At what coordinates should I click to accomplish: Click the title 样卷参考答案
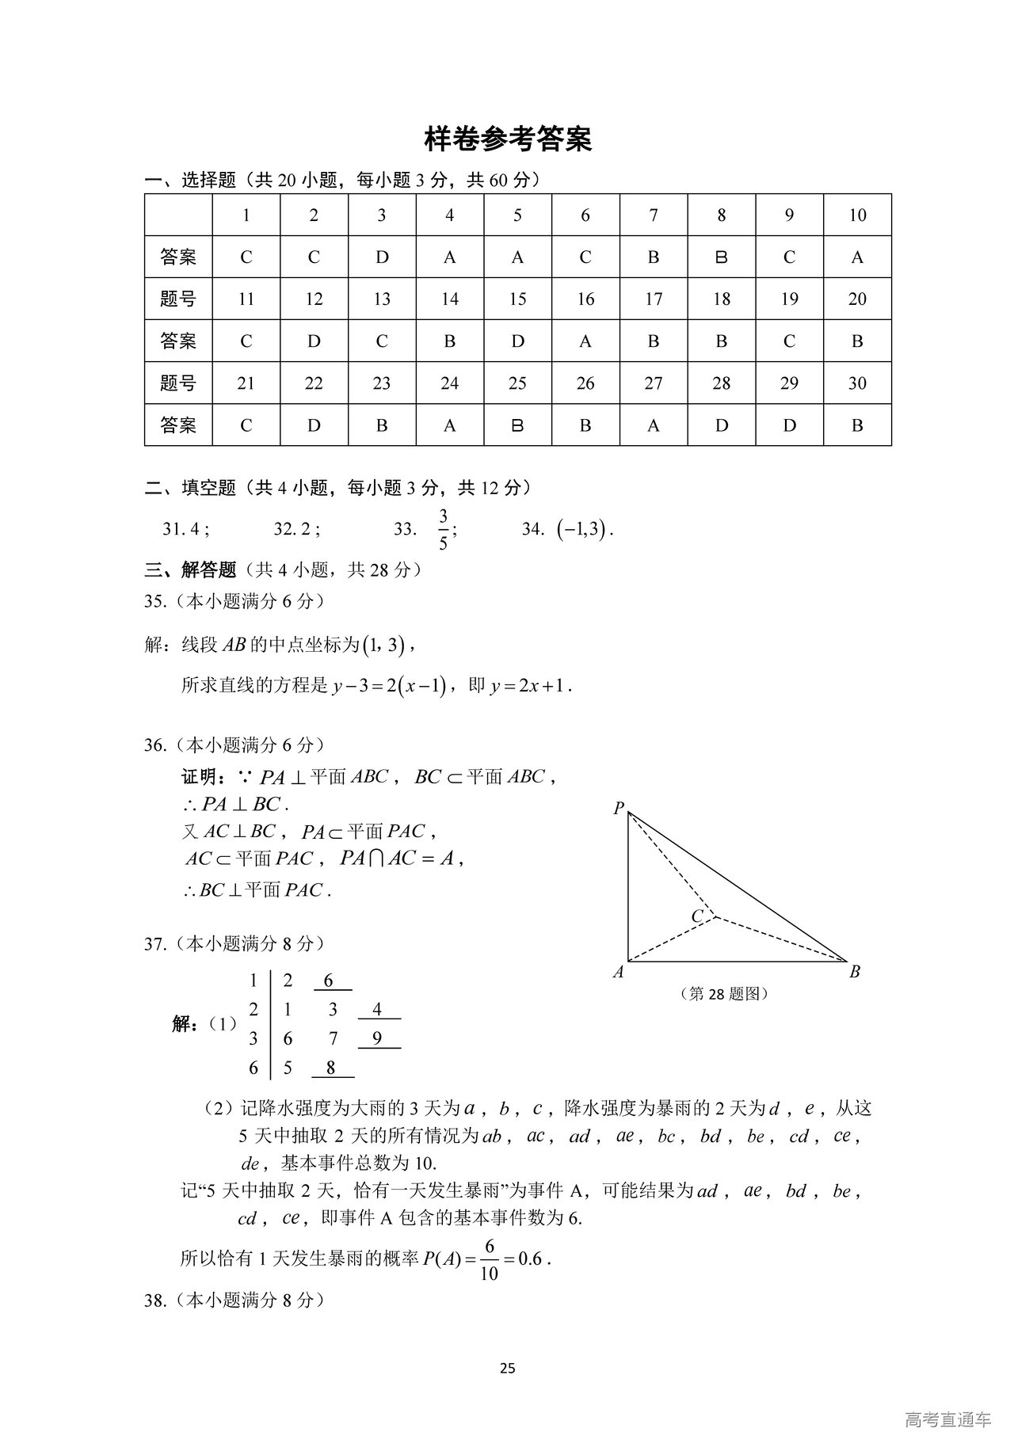point(508,139)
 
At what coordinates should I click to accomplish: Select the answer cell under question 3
point(382,257)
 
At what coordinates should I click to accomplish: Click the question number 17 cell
point(654,299)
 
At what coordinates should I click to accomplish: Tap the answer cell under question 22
point(314,425)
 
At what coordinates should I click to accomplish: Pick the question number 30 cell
point(857,383)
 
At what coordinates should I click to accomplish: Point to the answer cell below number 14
point(450,341)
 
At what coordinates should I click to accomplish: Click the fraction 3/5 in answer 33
point(443,529)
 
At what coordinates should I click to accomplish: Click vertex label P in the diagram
point(618,808)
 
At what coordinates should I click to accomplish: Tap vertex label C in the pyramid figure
point(697,916)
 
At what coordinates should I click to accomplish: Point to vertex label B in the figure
point(855,972)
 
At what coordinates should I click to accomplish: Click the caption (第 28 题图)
point(724,993)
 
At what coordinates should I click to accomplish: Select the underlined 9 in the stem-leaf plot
point(378,1038)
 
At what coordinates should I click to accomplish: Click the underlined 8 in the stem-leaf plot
point(331,1068)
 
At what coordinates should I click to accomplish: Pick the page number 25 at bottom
point(508,1368)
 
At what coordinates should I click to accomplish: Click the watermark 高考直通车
point(947,1419)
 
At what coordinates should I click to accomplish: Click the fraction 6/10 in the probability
point(489,1259)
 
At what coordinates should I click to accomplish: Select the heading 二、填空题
point(190,488)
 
